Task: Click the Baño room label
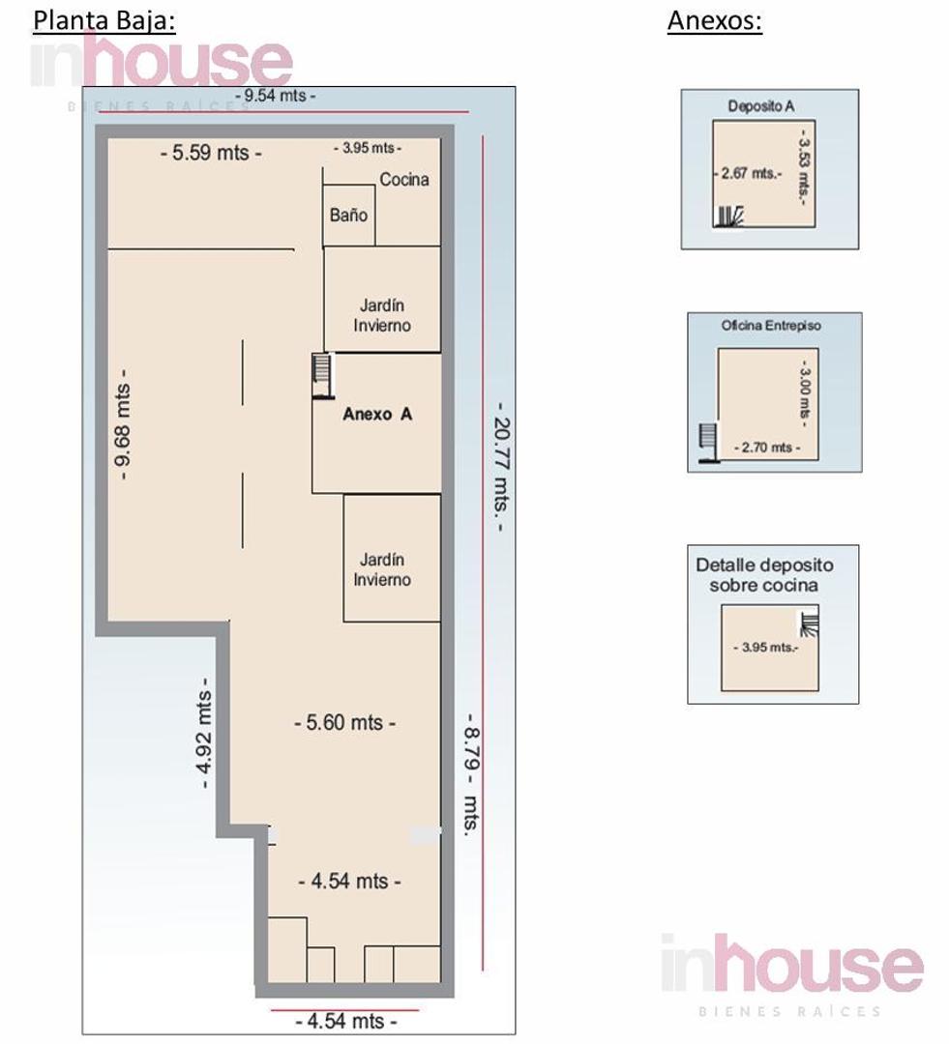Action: tap(348, 215)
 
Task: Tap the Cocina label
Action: tap(403, 179)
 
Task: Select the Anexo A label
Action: tap(377, 414)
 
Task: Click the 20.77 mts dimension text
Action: tap(501, 467)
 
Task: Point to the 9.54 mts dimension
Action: tap(276, 95)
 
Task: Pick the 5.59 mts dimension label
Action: tap(211, 153)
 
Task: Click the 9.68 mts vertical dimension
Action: tap(123, 423)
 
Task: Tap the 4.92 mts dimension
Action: tap(204, 733)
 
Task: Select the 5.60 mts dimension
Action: tap(344, 722)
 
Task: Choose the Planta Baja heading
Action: tap(104, 20)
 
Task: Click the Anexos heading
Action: tap(715, 20)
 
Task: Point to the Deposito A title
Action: tap(761, 106)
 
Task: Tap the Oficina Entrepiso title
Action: tap(771, 326)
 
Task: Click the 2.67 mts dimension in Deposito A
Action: tap(748, 173)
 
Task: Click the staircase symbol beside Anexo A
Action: tap(322, 376)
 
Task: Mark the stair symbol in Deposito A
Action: tap(728, 217)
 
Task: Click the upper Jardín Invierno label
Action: tap(382, 315)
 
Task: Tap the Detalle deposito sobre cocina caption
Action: tap(764, 575)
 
